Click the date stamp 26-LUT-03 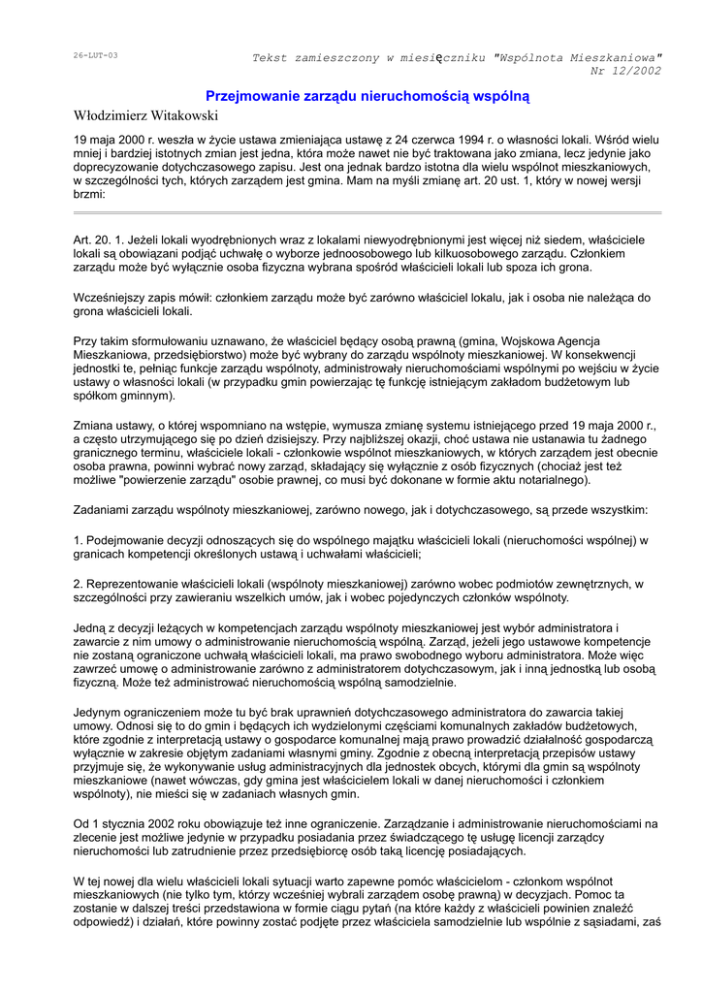pos(95,55)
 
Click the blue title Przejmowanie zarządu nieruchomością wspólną pos(367,96)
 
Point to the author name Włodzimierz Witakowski pos(146,116)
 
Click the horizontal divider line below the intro pos(367,212)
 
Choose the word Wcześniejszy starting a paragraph pos(115,298)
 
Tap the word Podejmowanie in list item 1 pos(126,540)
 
